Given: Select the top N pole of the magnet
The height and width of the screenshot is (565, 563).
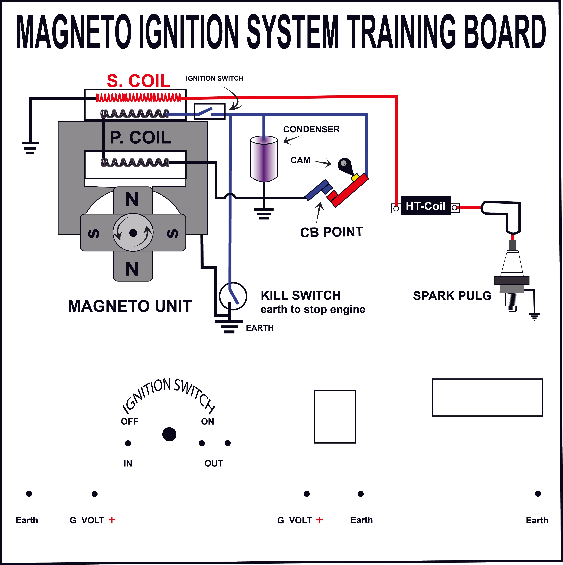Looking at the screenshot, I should (132, 200).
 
